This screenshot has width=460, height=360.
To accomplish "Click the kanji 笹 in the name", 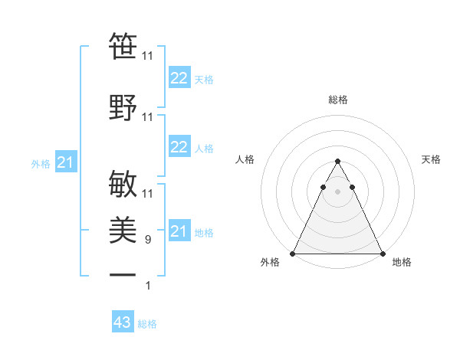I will [123, 47].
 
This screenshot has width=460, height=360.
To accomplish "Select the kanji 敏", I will [123, 182].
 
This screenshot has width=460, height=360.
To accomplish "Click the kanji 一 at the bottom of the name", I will [123, 274].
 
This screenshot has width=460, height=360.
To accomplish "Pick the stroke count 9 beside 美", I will [149, 240].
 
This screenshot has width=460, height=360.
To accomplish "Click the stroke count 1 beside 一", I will [149, 286].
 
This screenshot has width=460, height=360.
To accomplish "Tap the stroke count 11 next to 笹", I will [148, 56].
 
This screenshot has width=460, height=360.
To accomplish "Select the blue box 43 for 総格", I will [123, 322].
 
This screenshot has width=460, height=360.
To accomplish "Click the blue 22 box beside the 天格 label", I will [179, 77].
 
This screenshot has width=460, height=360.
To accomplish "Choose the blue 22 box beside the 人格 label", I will [179, 147].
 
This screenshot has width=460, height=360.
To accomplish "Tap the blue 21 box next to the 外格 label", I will [65, 162].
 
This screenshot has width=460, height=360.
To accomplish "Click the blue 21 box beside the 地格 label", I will [179, 231].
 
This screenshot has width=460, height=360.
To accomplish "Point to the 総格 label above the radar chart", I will [337, 100].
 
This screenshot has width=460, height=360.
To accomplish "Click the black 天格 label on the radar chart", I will [432, 159].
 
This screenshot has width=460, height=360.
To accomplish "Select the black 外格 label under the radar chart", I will [270, 263].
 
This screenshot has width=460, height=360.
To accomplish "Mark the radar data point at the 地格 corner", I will [382, 254].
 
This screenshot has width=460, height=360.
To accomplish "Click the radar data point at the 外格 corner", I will [293, 254].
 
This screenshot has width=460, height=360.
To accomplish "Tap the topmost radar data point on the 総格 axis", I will [337, 162].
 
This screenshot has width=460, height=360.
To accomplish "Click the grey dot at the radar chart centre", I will [337, 192].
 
